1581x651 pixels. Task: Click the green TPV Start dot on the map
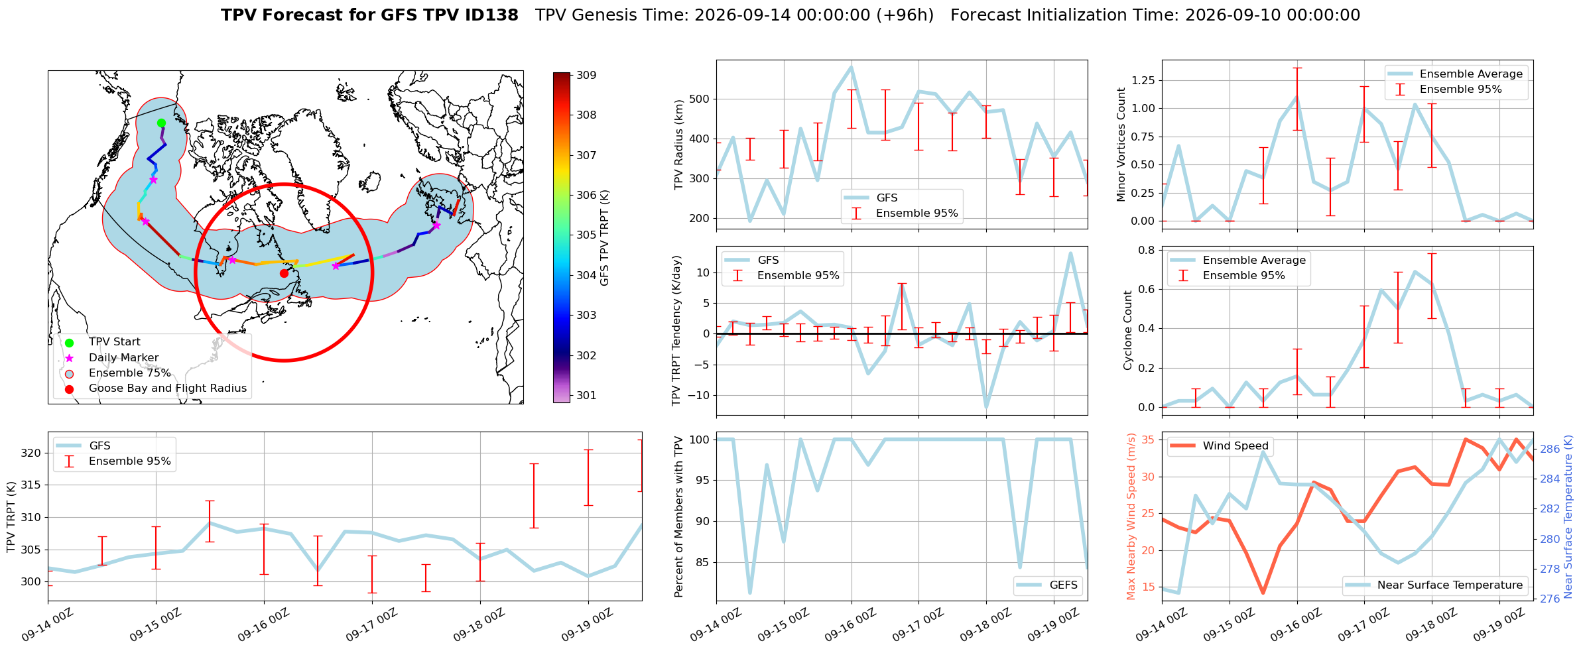coord(161,123)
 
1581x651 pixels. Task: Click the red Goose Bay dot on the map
coord(284,273)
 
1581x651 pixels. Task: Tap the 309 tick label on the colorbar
coord(586,75)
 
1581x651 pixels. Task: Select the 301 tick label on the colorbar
coord(586,395)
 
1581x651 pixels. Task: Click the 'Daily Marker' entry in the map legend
coord(124,357)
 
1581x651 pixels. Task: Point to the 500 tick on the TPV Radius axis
coord(700,99)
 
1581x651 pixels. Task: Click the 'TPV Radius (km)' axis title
coord(678,145)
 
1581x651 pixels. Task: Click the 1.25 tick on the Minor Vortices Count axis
coord(1143,80)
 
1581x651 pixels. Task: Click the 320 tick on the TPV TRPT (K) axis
coord(31,453)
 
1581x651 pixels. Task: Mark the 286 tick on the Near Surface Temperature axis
coord(1550,449)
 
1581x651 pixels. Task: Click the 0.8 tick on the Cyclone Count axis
coord(1147,250)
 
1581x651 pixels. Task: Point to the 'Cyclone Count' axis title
coord(1127,330)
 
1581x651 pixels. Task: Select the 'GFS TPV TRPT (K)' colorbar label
coord(604,238)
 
